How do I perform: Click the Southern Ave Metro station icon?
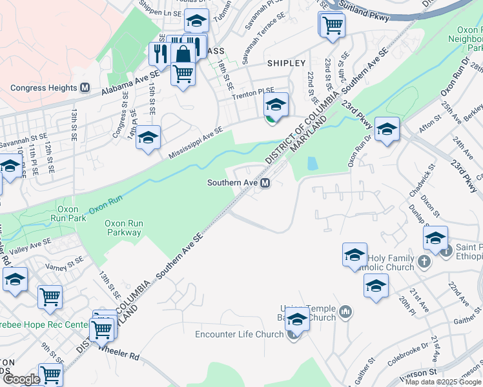(265, 183)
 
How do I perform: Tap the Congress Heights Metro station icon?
(84, 88)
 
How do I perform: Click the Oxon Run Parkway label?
(123, 228)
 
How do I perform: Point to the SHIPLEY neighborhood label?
(286, 63)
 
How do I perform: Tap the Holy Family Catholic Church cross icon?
(424, 261)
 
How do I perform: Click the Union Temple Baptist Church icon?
(346, 313)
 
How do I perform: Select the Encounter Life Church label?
(240, 334)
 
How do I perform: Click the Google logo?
(21, 379)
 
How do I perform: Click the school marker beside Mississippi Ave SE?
(149, 137)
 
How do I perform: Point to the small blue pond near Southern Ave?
(312, 164)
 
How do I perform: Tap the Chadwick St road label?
(423, 182)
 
